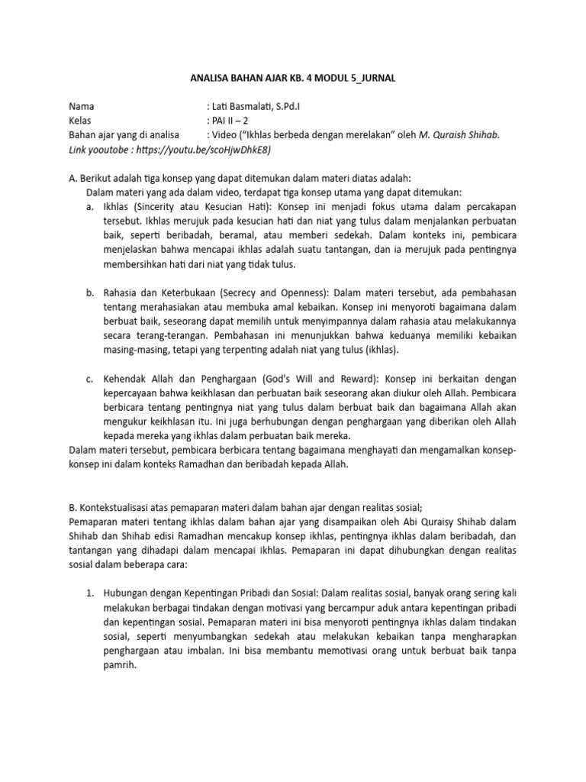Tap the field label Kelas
82,121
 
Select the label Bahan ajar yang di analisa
127,135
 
